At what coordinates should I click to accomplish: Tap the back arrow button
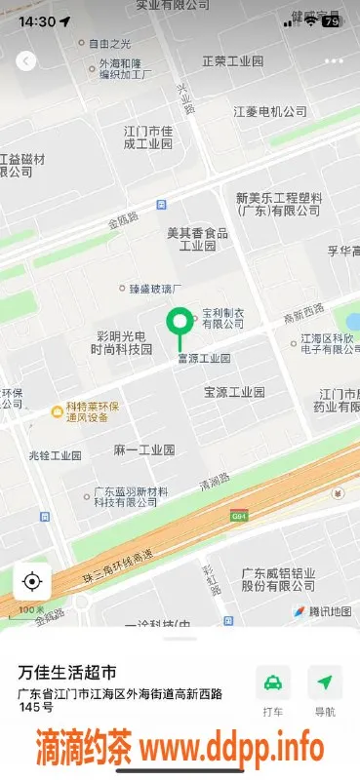(x=26, y=60)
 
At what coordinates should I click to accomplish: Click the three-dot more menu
(x=334, y=60)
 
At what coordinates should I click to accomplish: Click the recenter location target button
(x=31, y=582)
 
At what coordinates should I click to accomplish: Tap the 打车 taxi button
(x=274, y=682)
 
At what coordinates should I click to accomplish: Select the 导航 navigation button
(x=325, y=682)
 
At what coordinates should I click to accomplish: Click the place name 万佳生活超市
(x=67, y=672)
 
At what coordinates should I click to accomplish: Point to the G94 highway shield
(x=239, y=515)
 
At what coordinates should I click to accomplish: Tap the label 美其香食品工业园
(x=196, y=239)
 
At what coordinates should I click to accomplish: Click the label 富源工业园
(x=203, y=359)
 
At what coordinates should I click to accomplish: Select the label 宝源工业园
(x=234, y=392)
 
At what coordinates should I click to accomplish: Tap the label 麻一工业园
(x=144, y=449)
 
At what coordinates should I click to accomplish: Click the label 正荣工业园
(x=233, y=60)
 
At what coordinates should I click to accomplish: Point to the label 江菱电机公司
(x=271, y=112)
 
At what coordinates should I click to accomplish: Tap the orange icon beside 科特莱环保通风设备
(x=57, y=411)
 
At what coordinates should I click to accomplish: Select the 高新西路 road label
(x=302, y=317)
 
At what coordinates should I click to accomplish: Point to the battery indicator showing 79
(x=332, y=20)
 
